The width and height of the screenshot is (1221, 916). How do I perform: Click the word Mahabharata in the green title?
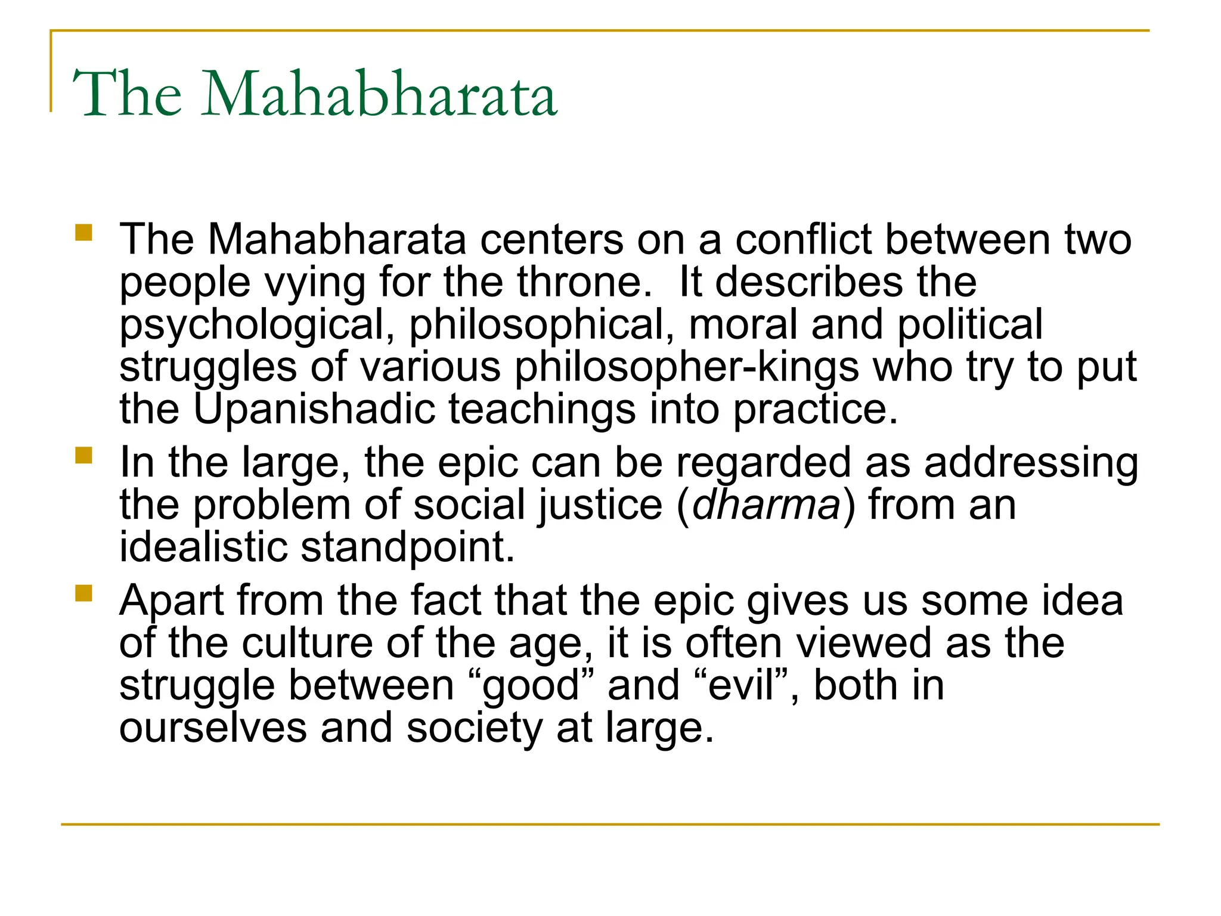click(x=379, y=94)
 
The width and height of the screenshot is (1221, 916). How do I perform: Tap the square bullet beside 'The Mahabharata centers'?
click(x=84, y=232)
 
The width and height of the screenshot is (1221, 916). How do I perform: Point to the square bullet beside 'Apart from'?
click(x=84, y=593)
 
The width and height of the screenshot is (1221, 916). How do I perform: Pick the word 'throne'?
click(x=579, y=281)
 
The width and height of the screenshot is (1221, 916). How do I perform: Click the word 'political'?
click(x=970, y=326)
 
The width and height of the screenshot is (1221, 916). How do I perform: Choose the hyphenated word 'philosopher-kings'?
click(x=686, y=367)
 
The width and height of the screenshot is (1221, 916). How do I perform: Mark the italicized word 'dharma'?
click(x=766, y=505)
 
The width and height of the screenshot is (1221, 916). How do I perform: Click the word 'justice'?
click(x=596, y=506)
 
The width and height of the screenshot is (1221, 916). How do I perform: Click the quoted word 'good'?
click(x=531, y=686)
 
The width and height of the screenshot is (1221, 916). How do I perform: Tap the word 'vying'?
click(x=314, y=283)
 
